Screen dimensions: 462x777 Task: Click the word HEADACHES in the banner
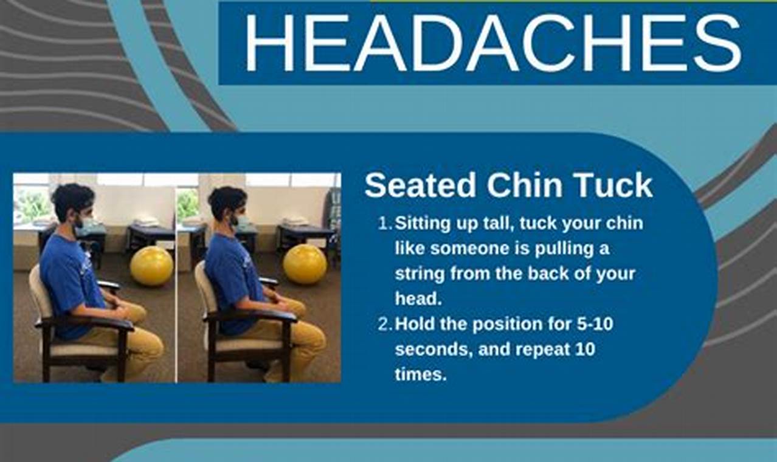(492, 43)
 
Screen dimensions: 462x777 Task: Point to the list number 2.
(384, 324)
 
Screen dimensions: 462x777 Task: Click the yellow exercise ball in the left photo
(151, 266)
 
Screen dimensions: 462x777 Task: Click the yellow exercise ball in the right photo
(305, 263)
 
